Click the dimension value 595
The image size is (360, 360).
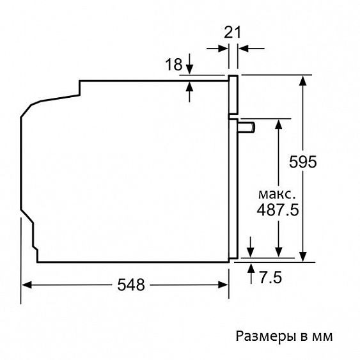(302, 162)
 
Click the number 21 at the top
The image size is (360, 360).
(232, 33)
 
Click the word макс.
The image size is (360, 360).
(278, 193)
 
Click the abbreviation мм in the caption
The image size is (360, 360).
(324, 336)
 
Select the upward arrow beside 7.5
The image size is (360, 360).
(251, 267)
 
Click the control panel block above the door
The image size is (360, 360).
(234, 96)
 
